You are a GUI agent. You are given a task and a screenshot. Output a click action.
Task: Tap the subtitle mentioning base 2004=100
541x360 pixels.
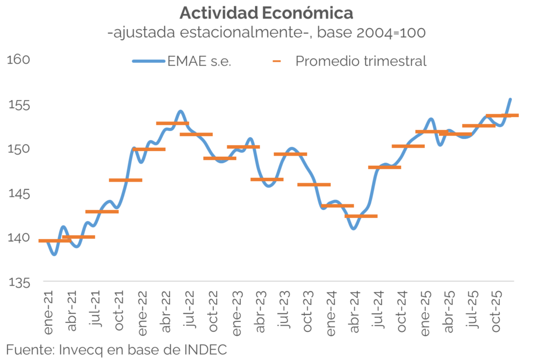coord(266,32)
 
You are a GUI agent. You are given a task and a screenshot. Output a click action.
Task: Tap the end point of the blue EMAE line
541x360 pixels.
coord(510,99)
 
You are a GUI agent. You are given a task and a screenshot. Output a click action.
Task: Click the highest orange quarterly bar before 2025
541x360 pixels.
coord(173,124)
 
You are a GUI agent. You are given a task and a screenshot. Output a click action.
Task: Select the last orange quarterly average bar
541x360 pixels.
coord(502,115)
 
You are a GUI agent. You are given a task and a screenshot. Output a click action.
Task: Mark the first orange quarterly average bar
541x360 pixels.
coord(55,241)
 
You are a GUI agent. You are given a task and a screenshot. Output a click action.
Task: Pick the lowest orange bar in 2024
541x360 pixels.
coord(361,216)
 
